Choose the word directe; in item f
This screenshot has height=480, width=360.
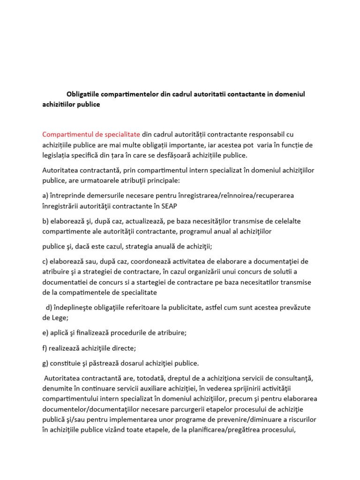[x=122, y=348]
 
